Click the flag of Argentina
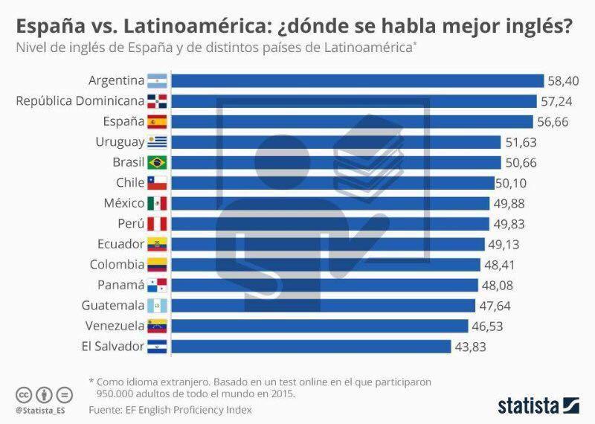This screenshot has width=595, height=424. coord(158,80)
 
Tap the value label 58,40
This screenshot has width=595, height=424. coord(564,80)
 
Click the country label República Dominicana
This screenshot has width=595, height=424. coord(80,100)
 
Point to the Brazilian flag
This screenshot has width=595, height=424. coord(158,162)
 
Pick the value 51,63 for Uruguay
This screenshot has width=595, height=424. coord(521,142)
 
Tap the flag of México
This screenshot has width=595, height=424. coord(158,203)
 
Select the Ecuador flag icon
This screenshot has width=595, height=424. coord(158,244)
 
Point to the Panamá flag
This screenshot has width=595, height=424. coord(158,285)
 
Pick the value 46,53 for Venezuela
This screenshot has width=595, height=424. coord(489,326)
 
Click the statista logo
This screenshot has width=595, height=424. coord(538,406)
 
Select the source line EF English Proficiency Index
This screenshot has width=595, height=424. coord(170,410)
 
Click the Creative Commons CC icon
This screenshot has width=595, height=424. coord(24,394)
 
